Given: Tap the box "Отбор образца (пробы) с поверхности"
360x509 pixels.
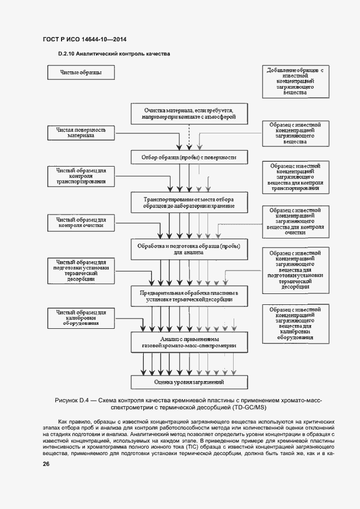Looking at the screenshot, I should click(189, 157).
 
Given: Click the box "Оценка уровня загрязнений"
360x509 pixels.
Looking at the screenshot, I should click(189, 382).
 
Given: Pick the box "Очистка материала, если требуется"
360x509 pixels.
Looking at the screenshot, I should click(189, 113).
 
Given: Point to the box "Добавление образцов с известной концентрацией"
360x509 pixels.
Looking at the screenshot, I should click(295, 82).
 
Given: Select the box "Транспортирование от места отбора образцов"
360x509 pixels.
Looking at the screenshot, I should click(189, 203).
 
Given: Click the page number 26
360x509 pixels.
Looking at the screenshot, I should click(46, 464).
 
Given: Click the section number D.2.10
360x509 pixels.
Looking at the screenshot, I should click(66, 54).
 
